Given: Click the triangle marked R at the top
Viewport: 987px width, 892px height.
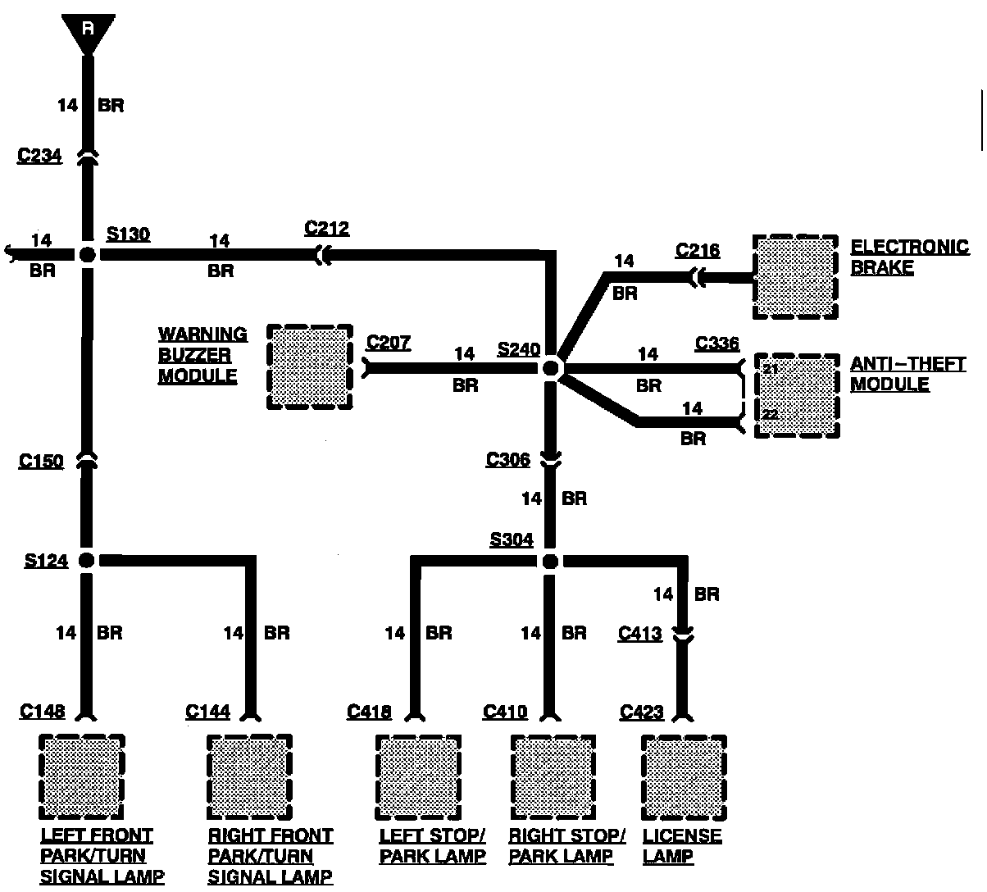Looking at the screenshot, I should tap(87, 31).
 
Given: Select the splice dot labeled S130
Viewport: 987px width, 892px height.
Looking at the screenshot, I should tap(88, 254).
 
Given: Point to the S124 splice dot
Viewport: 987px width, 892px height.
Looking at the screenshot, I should tap(86, 561).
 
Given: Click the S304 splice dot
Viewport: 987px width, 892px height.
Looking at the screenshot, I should tap(550, 562).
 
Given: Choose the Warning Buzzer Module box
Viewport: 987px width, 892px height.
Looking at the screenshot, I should tap(310, 366).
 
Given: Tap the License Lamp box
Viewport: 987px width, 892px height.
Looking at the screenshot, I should tap(684, 777).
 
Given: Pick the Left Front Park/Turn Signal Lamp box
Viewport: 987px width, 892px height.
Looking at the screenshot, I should tap(82, 776).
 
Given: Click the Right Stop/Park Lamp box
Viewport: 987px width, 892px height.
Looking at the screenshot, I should tap(553, 777).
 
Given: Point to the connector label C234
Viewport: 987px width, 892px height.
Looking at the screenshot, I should tap(39, 155).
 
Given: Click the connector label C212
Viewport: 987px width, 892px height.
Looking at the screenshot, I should tap(326, 228).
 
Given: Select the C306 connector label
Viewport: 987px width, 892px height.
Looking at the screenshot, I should tap(508, 459).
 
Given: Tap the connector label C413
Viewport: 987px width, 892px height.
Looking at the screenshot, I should tap(640, 633).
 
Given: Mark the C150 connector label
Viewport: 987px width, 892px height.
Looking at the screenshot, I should tap(41, 462).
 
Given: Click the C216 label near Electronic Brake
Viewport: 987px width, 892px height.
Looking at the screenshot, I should tap(698, 249).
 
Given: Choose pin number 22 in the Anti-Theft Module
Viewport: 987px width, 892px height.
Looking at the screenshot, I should tap(771, 415).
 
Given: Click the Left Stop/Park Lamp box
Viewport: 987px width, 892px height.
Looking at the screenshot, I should tap(417, 777).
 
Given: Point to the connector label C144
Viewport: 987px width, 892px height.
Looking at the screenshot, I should tap(208, 711).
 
